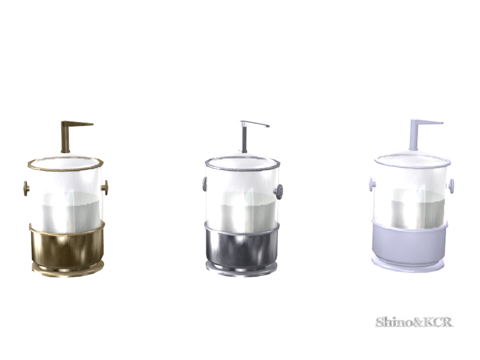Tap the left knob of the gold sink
point(26,188)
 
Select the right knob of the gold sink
point(105,187)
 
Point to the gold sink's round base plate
point(68,271)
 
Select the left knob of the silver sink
point(205,184)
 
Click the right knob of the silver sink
point(278,192)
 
